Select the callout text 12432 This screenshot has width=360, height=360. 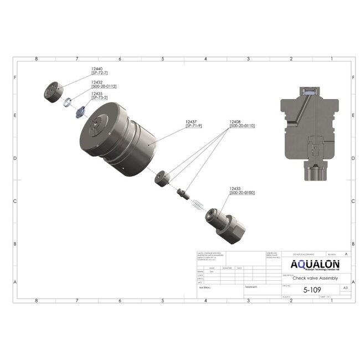(97, 81)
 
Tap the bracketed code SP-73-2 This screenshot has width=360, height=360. (100, 97)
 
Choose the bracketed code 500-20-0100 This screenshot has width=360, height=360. (242, 193)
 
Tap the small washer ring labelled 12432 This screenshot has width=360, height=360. (67, 102)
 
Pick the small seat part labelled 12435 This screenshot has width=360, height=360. (79, 110)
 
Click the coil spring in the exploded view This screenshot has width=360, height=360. (196, 204)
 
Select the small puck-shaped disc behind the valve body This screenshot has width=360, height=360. (163, 178)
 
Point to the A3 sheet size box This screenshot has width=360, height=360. (345, 289)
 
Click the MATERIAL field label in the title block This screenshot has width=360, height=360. (205, 287)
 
